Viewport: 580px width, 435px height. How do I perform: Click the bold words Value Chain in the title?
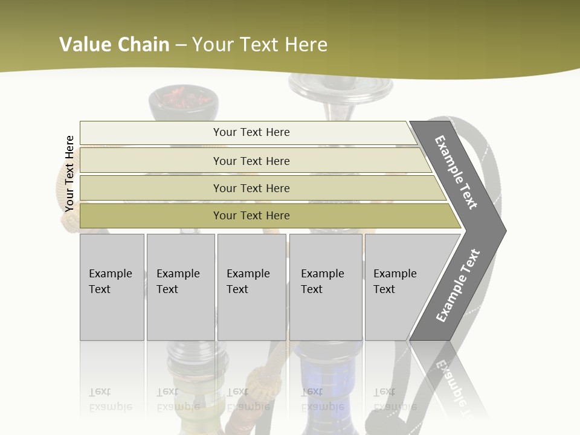114,45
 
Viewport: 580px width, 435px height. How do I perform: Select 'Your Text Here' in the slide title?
260,45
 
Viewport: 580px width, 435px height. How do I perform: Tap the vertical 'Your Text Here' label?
69,173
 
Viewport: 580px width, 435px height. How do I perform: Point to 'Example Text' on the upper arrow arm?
456,172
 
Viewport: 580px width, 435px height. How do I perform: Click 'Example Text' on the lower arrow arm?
458,285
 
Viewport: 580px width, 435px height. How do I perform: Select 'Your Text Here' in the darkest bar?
251,216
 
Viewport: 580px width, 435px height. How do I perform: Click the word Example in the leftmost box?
110,274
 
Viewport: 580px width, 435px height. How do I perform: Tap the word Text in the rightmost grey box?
384,289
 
